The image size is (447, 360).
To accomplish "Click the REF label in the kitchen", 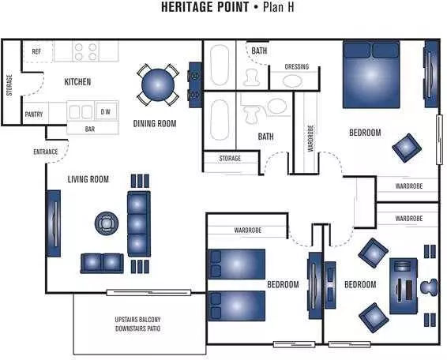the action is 36,51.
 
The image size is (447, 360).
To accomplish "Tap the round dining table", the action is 158,85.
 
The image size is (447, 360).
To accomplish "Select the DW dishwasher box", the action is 106,112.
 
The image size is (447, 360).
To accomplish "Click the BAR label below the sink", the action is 90,129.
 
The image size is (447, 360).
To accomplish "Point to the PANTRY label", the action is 34,114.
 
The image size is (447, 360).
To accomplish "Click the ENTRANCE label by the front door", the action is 46,152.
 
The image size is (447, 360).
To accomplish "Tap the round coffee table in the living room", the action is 107,223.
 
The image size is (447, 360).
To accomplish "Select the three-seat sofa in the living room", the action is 139,224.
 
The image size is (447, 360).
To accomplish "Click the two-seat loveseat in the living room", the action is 102,264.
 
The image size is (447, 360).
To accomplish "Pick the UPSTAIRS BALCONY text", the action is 137,320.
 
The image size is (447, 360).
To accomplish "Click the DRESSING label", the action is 297,66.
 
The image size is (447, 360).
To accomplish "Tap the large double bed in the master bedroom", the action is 371,74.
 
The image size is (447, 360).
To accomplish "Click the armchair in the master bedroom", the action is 407,148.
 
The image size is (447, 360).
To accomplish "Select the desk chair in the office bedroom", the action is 429,287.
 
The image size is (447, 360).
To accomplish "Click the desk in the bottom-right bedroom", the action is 404,286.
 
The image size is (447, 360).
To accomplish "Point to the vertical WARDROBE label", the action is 310,138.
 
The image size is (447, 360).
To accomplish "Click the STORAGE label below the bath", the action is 230,158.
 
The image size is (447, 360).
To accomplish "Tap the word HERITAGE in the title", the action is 205,7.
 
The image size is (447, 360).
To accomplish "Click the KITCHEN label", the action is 77,82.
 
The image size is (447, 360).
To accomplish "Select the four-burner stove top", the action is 85,51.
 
